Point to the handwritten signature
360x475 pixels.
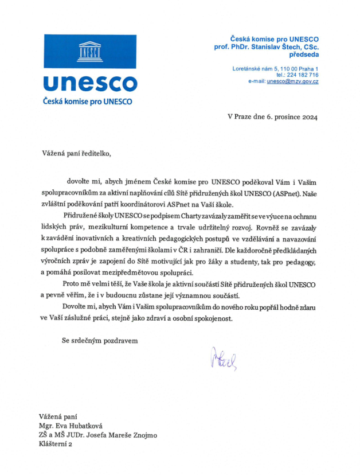[223, 358]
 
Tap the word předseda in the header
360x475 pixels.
[302, 54]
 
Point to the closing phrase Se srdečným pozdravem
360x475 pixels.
[100, 340]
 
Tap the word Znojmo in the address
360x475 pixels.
[141, 435]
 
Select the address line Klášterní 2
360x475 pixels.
[56, 444]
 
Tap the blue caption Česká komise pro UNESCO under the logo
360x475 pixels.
[88, 102]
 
